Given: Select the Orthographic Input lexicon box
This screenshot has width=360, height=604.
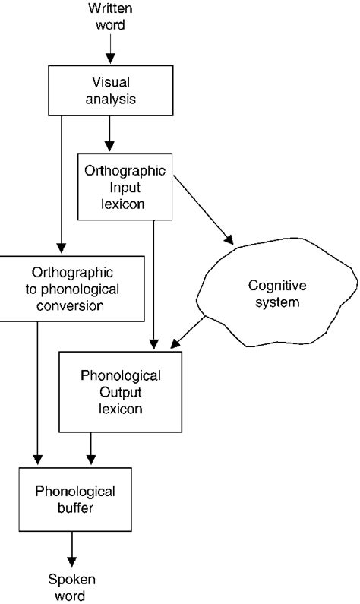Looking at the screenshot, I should pyautogui.click(x=125, y=186).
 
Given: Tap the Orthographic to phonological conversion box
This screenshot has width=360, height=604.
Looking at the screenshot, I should pyautogui.click(x=73, y=289).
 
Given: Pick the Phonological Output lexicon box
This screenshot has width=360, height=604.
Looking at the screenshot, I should pyautogui.click(x=122, y=391).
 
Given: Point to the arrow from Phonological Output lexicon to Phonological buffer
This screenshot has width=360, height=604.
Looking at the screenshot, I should pyautogui.click(x=91, y=448).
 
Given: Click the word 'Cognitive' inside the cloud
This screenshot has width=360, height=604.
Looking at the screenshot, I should pyautogui.click(x=274, y=286).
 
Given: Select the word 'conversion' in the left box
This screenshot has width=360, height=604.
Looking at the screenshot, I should pyautogui.click(x=73, y=307).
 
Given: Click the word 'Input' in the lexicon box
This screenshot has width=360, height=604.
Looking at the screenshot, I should pyautogui.click(x=125, y=187).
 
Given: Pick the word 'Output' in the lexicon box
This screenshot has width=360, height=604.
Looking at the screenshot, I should pyautogui.click(x=122, y=392).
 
